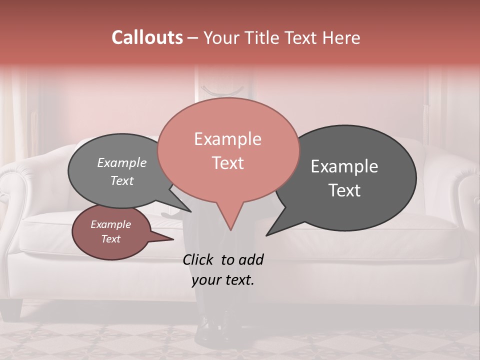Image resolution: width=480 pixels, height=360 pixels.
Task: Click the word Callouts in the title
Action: (x=147, y=37)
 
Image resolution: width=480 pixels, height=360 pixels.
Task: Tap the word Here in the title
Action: (x=341, y=37)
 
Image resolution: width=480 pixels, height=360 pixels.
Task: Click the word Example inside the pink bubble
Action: (x=227, y=139)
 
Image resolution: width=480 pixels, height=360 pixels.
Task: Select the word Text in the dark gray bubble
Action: (x=344, y=190)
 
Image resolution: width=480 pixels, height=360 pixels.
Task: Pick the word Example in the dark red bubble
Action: (x=110, y=224)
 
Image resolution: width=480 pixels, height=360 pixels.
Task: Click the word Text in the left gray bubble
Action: (x=122, y=180)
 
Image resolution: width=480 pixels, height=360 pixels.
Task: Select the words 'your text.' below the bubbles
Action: (x=222, y=280)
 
